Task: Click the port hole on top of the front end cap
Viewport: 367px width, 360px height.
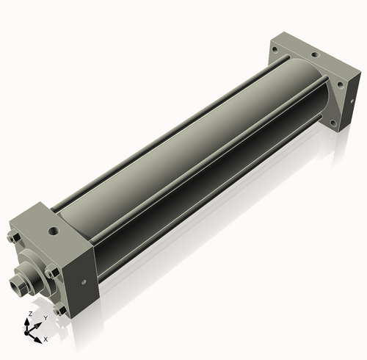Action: [x=54, y=231]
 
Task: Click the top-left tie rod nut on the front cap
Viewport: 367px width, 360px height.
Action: [x=15, y=239]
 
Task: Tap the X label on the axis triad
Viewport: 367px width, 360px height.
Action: [x=46, y=339]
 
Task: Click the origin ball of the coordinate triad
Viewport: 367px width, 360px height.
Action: [x=32, y=331]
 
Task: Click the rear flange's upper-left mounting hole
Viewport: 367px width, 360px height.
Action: [x=275, y=51]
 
